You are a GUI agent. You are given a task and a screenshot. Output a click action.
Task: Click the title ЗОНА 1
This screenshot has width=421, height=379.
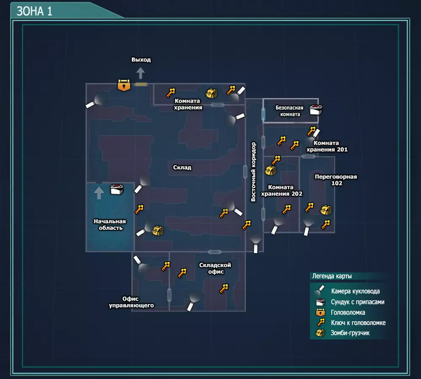click(x=35, y=11)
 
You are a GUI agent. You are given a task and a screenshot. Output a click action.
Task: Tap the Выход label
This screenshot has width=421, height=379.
click(x=141, y=60)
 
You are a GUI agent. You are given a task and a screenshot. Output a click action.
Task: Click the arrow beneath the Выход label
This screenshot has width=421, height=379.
click(x=141, y=73)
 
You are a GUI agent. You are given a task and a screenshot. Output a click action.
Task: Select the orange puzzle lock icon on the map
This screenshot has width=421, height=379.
click(x=123, y=85)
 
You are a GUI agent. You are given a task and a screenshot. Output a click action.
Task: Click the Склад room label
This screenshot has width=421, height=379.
click(x=182, y=168)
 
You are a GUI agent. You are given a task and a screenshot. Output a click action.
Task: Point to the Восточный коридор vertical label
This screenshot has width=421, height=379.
click(x=253, y=172)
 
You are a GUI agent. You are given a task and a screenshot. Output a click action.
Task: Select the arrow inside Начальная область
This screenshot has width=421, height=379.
click(x=99, y=193)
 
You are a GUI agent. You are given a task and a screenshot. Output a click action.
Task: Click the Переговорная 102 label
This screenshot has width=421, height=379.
click(x=336, y=180)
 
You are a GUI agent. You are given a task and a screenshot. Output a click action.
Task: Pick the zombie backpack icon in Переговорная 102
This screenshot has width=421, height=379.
click(x=325, y=210)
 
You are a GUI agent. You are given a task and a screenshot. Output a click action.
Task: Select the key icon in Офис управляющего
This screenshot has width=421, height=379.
click(x=166, y=266)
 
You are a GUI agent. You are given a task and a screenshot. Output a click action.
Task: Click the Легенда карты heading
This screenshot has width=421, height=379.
click(x=332, y=276)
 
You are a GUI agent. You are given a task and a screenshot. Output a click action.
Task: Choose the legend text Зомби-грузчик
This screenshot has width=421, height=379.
click(x=350, y=333)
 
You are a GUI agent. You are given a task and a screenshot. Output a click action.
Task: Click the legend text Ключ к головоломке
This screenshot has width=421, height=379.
click(x=358, y=323)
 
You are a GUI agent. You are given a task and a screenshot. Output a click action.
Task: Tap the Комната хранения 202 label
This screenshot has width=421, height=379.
click(x=282, y=190)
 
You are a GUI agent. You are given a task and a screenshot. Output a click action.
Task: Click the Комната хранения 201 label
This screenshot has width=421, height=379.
click(x=327, y=146)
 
